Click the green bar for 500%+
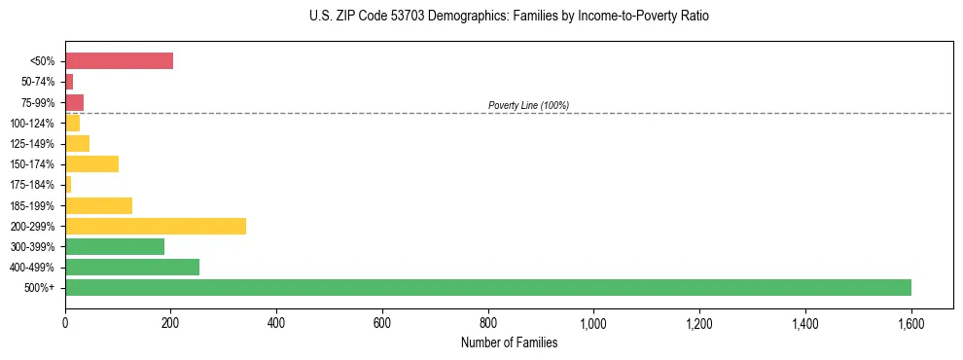487,287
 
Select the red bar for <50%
119,61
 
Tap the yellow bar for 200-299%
156,226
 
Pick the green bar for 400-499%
132,267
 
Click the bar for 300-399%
115,246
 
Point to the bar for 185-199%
98,205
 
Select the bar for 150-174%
91,163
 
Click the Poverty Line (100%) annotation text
528,105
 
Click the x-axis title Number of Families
509,342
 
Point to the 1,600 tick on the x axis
910,322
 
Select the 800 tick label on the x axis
487,322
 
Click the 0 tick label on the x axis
65,322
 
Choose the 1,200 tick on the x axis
699,322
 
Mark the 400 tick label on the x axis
276,322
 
